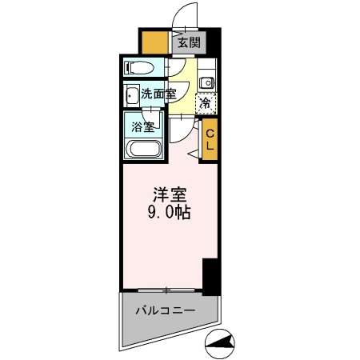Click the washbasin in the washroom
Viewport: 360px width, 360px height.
coord(131,96)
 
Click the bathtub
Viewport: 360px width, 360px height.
coord(144,149)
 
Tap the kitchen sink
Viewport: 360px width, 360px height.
coord(206,82)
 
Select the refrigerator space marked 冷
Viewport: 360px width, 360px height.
coord(206,102)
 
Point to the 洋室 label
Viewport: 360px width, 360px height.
coord(166,194)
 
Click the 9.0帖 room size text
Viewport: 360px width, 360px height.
coord(167,214)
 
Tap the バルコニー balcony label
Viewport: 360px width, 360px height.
coord(165,310)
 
